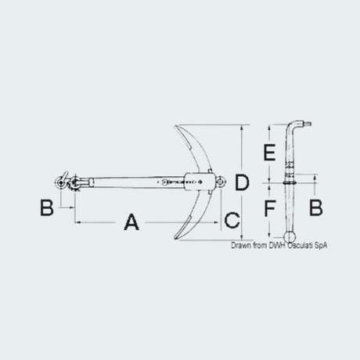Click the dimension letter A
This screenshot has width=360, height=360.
pyautogui.click(x=131, y=222)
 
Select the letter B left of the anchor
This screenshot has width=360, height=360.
pyautogui.click(x=47, y=207)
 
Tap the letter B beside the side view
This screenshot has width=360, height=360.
pyautogui.click(x=316, y=207)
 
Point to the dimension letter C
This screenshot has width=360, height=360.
pyautogui.click(x=232, y=220)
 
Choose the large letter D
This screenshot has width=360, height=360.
pyautogui.click(x=242, y=182)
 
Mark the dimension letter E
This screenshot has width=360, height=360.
pyautogui.click(x=269, y=153)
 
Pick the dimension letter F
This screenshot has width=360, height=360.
pyautogui.click(x=270, y=208)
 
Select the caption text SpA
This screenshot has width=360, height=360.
pyautogui.click(x=321, y=246)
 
